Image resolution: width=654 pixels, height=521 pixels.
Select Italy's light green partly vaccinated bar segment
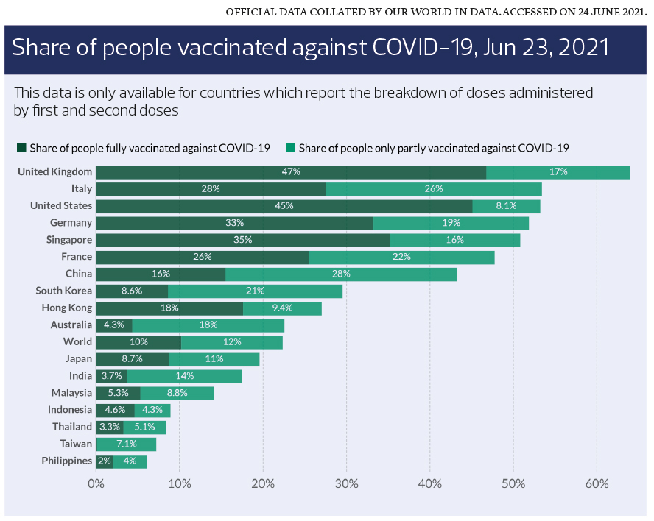433,189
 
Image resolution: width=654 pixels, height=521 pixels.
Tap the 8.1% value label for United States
506,206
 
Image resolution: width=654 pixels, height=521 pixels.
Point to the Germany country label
71,223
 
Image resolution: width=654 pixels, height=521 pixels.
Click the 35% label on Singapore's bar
242,240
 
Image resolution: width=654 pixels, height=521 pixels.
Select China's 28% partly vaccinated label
341,274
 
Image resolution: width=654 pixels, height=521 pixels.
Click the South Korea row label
64,291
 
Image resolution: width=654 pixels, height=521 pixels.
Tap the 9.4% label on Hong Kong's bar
282,308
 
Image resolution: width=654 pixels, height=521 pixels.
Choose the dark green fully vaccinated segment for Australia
113,325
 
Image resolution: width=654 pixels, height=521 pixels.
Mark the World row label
77,341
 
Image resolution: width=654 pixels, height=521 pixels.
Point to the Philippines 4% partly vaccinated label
130,461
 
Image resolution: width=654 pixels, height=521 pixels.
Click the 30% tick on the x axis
346,483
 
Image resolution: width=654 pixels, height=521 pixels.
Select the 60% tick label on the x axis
597,483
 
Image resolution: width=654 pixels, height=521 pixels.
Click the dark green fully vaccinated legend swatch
21,148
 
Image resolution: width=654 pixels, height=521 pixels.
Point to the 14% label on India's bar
184,376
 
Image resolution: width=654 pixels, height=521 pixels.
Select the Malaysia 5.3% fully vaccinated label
118,393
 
